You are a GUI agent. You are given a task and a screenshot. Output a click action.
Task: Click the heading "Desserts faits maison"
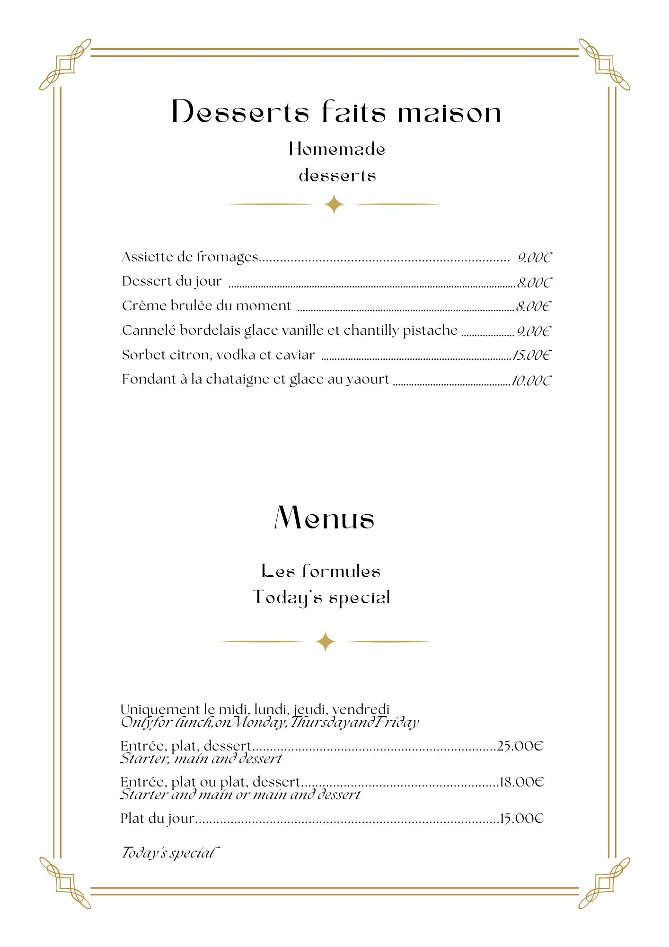coord(336,112)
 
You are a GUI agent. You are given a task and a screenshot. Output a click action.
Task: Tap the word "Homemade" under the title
coord(337,149)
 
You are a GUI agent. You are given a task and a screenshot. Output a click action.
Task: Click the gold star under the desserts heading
coord(334,204)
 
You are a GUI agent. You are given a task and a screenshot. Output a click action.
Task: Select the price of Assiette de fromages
coord(534,258)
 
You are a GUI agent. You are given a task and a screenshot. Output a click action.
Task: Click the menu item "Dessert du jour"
coord(172,281)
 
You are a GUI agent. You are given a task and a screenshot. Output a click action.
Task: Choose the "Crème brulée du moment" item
coord(206,306)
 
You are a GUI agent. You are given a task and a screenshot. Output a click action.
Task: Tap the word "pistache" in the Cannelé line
coord(430,330)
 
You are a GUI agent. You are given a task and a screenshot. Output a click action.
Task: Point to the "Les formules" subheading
coord(321,571)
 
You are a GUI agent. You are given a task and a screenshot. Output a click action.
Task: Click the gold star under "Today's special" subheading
coord(326,642)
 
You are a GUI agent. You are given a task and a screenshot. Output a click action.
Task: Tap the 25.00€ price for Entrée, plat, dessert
coord(520,746)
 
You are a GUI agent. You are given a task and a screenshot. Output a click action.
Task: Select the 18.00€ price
coord(521,782)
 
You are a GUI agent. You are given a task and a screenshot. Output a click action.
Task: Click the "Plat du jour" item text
coord(157,818)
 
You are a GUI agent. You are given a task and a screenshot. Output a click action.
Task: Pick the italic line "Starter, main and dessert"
coord(201,759)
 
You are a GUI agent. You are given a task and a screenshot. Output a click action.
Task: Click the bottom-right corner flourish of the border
coord(604,883)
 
